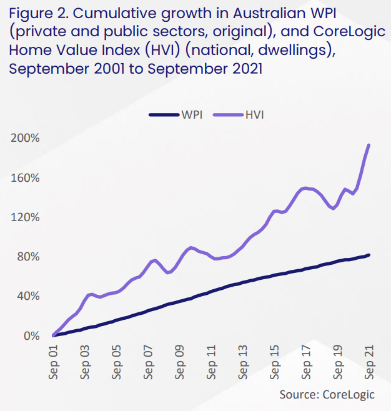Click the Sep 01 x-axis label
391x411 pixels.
(54, 362)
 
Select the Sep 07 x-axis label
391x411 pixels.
(149, 362)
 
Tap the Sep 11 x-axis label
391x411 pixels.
(212, 362)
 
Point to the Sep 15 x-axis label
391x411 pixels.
(275, 362)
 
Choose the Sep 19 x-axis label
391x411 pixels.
(338, 362)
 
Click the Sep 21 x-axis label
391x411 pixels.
(369, 362)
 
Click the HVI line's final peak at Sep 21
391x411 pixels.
(369, 145)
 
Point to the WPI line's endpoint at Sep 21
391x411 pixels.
(369, 255)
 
